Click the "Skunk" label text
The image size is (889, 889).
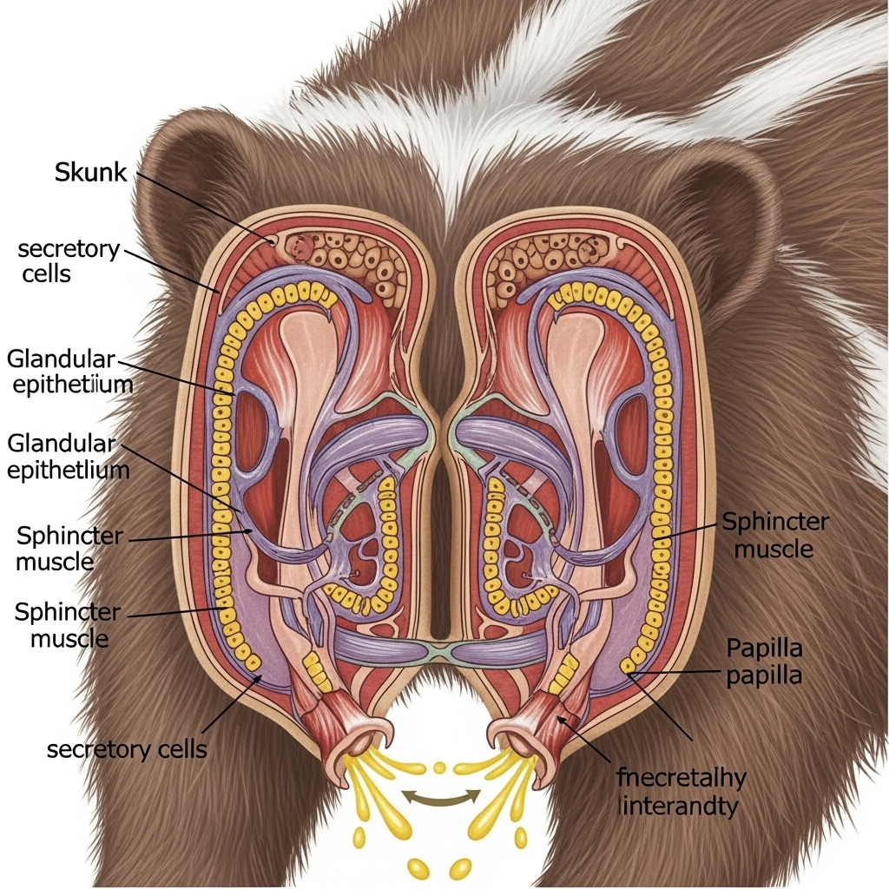[90, 172]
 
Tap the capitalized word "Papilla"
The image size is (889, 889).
[764, 648]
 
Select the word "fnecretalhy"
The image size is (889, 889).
[681, 778]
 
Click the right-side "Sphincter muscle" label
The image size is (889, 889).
[775, 535]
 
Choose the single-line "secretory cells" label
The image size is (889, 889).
[127, 748]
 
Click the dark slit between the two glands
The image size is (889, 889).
[440, 556]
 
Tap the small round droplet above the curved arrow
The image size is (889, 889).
[439, 767]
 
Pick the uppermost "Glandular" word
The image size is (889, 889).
[61, 359]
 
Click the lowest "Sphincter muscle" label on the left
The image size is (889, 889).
[68, 625]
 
